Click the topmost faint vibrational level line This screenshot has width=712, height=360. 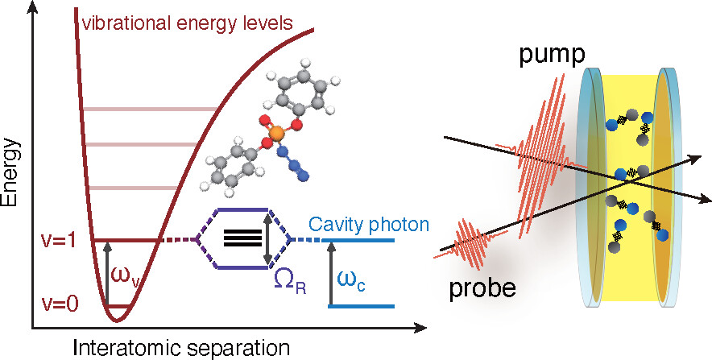point(150,109)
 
